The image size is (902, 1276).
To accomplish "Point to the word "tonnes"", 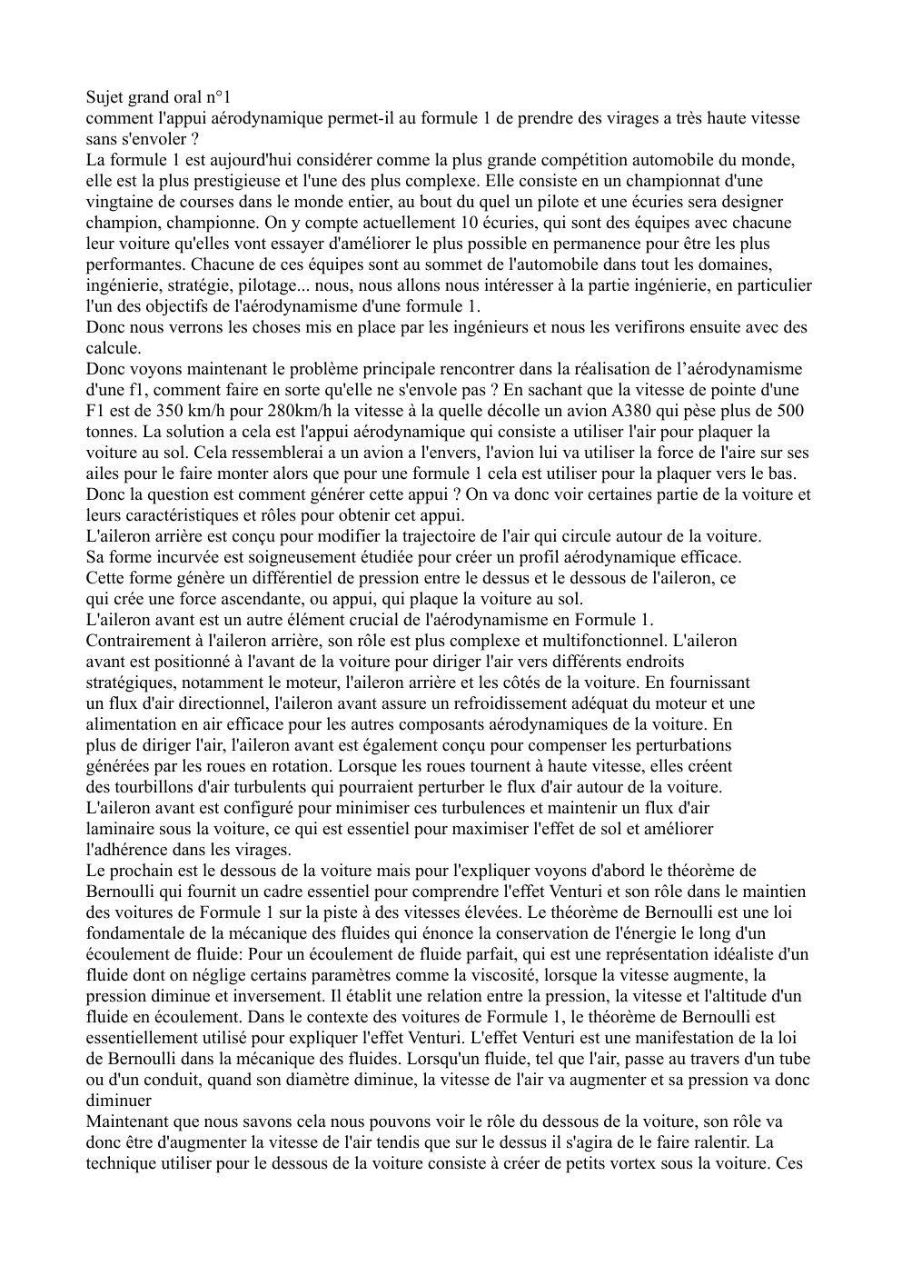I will [110, 432].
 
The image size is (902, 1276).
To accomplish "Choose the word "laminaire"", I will [119, 829].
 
